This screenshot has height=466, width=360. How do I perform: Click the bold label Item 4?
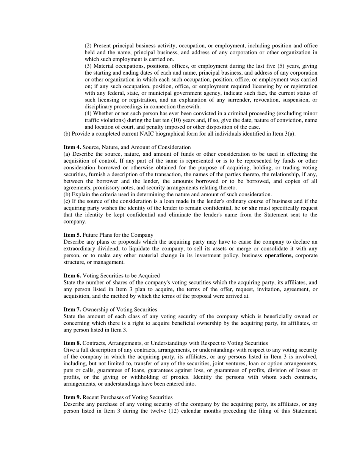[72, 147]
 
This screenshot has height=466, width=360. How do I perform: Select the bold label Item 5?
[72, 235]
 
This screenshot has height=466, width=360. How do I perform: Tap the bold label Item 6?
[72, 275]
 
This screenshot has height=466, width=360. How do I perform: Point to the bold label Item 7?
[72, 310]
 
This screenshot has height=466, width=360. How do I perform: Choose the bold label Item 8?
[72, 343]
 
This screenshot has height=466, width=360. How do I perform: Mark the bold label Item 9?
[72, 397]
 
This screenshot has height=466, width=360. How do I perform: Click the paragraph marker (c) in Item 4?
[67, 201]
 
